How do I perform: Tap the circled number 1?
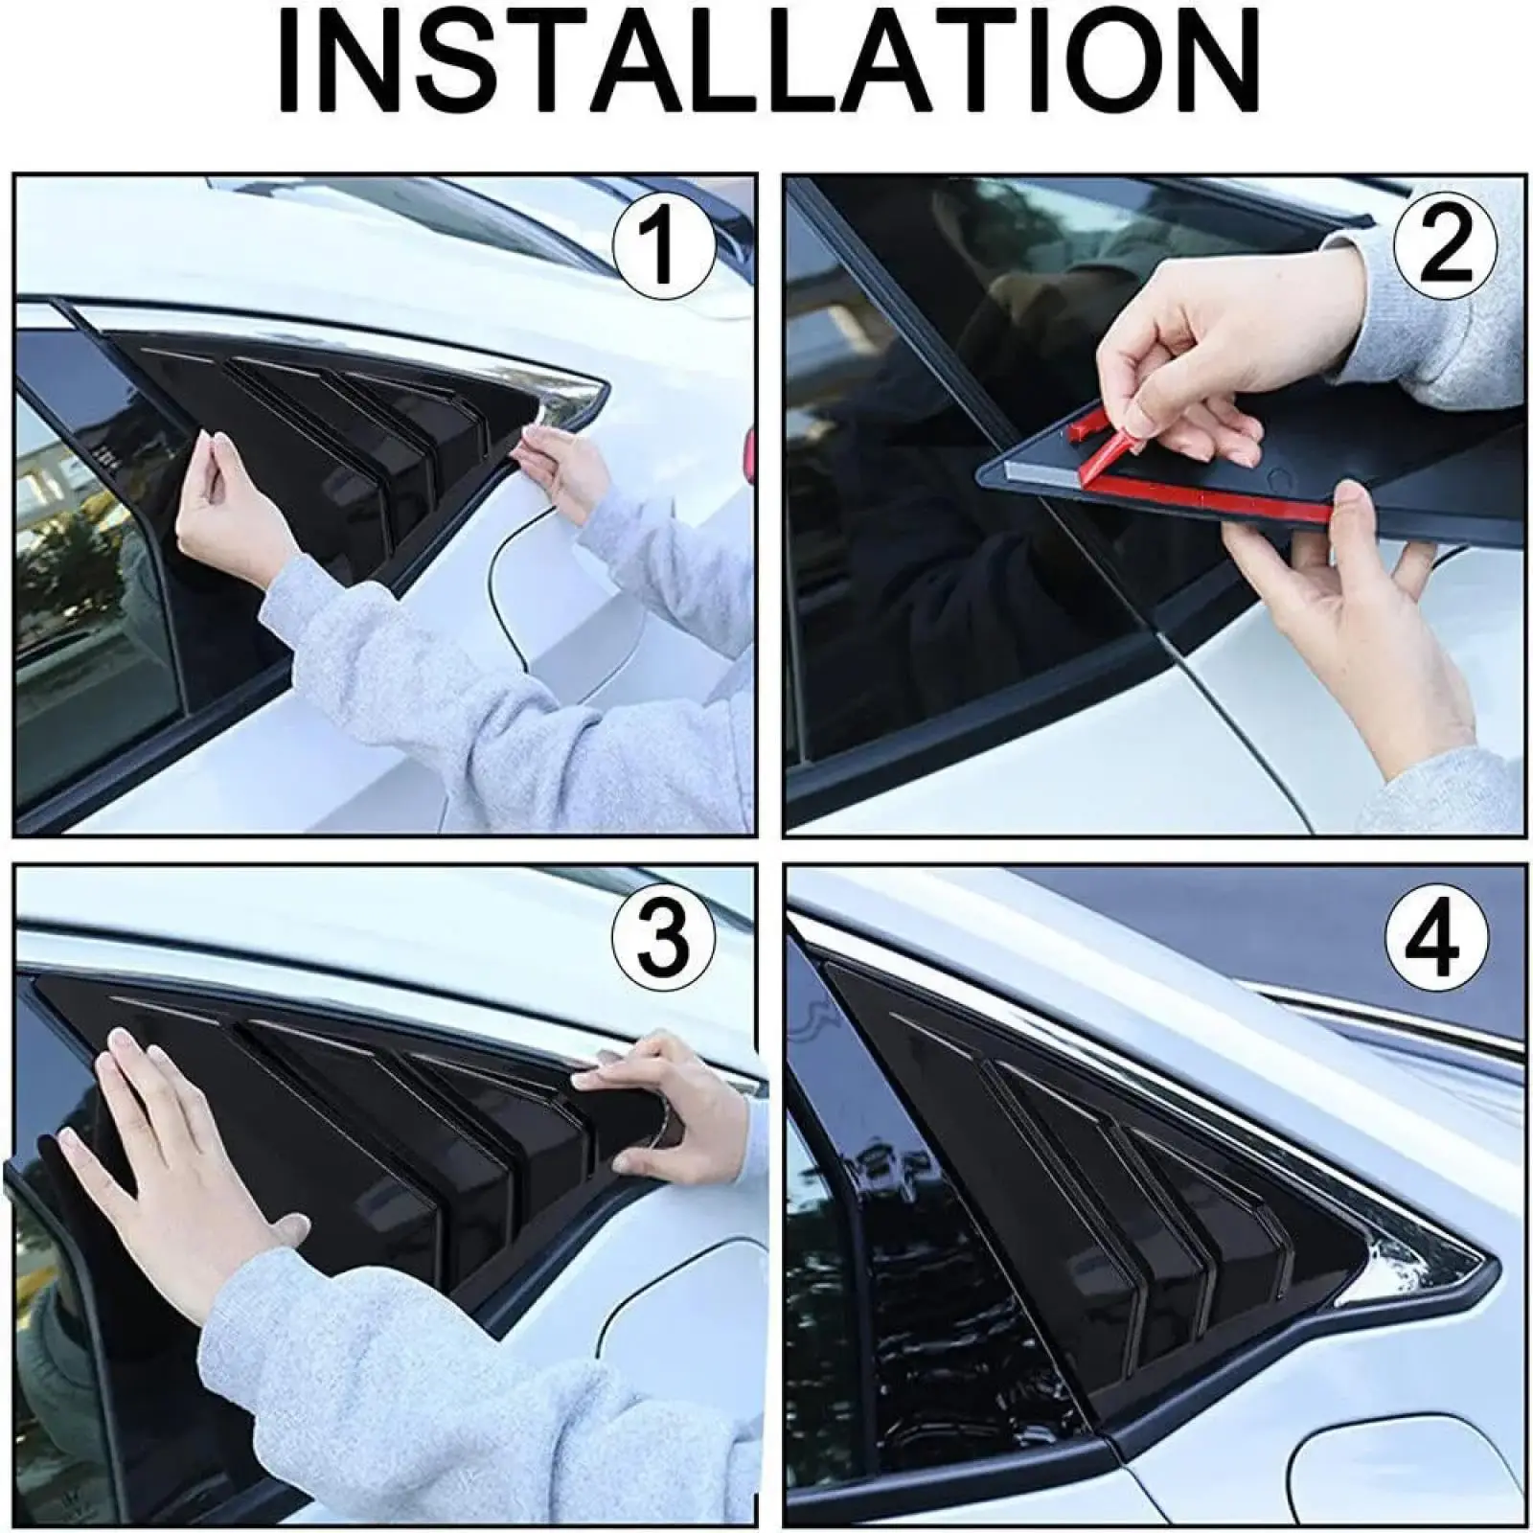tap(663, 248)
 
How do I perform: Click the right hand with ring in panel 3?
tap(661, 1102)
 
